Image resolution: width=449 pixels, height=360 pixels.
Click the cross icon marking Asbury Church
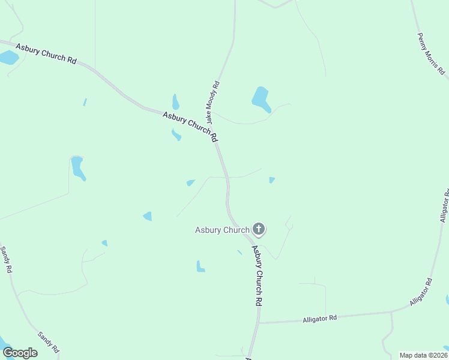coord(259,229)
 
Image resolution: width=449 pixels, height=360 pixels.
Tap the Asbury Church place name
coord(222,230)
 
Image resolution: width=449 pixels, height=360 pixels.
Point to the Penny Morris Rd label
coord(431,53)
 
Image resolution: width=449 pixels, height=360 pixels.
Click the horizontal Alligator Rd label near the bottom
coord(320,319)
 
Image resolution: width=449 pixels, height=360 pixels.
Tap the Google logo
coord(20,352)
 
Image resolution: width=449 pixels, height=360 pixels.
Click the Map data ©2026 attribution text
coord(423,355)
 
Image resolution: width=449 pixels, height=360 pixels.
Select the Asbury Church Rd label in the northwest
coord(47,53)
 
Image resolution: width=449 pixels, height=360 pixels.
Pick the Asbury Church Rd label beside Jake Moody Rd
coord(190,125)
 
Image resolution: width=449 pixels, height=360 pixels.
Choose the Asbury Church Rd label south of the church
coord(257,275)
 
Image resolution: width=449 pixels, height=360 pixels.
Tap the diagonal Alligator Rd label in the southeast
coord(421,292)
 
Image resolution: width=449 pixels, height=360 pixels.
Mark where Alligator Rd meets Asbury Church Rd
coord(259,323)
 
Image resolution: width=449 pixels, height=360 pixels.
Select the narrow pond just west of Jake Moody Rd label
coord(175,101)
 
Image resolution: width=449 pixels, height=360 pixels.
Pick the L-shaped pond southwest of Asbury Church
coord(200,266)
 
